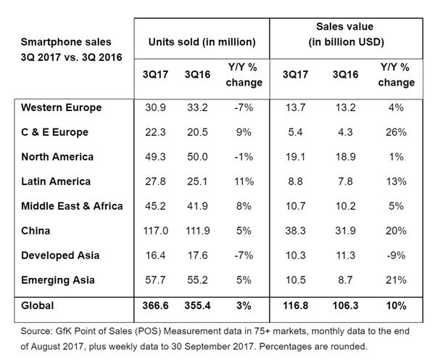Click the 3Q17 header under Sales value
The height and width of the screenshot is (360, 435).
(294, 75)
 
